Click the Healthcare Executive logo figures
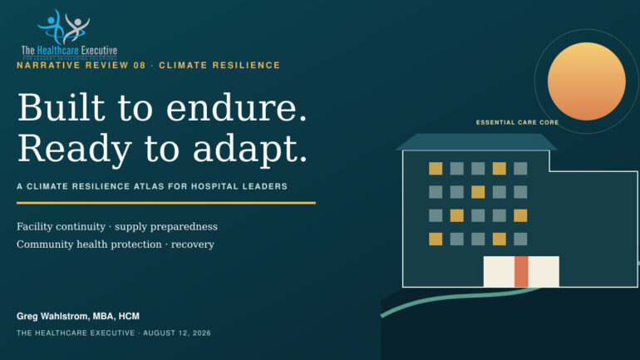point(64,26)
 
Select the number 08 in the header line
point(140,66)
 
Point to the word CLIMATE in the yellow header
point(182,66)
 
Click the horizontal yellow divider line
point(166,203)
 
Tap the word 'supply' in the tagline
point(130,227)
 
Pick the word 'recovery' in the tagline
point(193,245)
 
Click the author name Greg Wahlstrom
point(52,316)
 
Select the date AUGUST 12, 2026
point(177,333)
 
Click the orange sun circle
point(587,81)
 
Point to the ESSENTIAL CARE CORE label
point(517,122)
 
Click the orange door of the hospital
point(521,271)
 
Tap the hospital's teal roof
point(476,142)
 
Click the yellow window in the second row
point(478,192)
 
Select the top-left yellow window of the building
point(436,169)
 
